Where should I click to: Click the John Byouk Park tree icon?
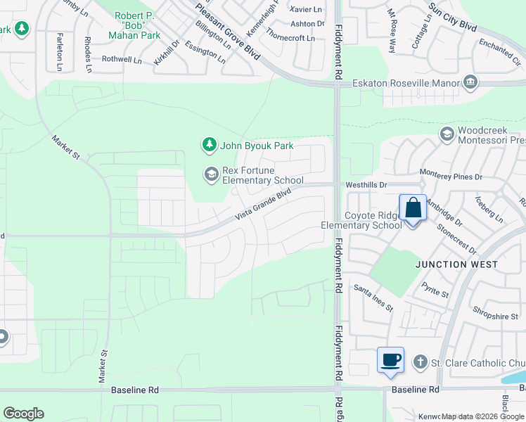(209, 146)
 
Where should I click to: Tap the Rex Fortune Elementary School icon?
(211, 174)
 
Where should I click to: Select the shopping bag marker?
(413, 209)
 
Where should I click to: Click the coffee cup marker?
(390, 360)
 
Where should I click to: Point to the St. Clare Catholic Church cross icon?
(420, 363)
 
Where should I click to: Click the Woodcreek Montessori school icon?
(447, 134)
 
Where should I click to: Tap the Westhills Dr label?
(366, 185)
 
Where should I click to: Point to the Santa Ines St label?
(373, 298)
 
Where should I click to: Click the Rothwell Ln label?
(122, 60)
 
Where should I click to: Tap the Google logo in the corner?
(23, 414)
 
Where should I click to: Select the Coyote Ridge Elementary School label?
(361, 220)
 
